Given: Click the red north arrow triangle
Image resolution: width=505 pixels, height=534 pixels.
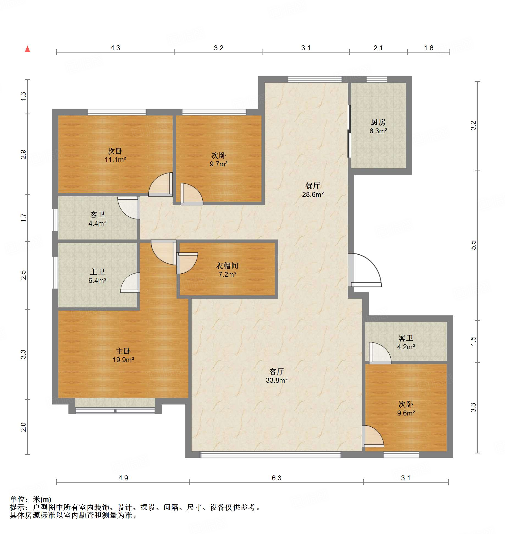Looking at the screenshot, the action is pyautogui.click(x=27, y=49).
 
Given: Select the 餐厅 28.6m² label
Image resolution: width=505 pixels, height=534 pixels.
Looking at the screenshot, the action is pyautogui.click(x=313, y=190).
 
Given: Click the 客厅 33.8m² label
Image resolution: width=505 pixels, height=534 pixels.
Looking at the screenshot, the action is pyautogui.click(x=277, y=376).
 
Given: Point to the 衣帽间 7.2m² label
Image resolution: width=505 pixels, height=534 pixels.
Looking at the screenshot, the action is pyautogui.click(x=227, y=270).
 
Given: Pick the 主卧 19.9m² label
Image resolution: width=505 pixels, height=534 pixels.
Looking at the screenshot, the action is pyautogui.click(x=123, y=355).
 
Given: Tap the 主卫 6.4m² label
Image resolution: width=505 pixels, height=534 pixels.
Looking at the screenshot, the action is pyautogui.click(x=97, y=276).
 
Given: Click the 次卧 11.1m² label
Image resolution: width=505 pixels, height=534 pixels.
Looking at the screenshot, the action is pyautogui.click(x=115, y=155).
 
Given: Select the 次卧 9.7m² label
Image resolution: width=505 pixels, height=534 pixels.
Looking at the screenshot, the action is pyautogui.click(x=219, y=159).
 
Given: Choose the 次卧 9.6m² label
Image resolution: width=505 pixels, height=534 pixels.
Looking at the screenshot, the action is pyautogui.click(x=406, y=408).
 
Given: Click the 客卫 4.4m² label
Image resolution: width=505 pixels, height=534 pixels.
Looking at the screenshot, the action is pyautogui.click(x=97, y=219).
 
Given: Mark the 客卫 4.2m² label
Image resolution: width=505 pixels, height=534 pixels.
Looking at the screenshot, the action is pyautogui.click(x=406, y=342).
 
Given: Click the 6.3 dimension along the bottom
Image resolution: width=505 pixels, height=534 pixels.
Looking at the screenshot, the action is pyautogui.click(x=277, y=478).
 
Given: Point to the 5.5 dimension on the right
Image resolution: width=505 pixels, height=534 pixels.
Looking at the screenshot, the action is pyautogui.click(x=473, y=245).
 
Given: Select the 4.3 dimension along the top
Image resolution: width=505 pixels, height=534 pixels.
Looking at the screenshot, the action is pyautogui.click(x=115, y=48).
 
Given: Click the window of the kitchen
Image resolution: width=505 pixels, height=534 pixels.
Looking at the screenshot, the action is pyautogui.click(x=377, y=79).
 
